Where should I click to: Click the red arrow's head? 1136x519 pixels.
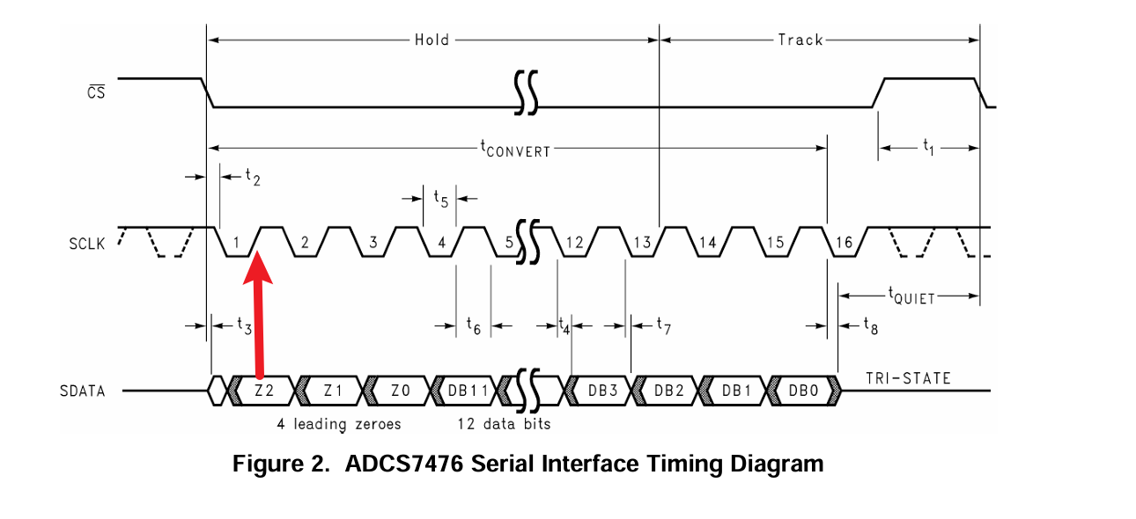point(258,267)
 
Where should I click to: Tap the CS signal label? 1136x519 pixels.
point(96,92)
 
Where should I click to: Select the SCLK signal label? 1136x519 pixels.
point(86,244)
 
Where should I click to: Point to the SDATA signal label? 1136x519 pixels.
point(82,391)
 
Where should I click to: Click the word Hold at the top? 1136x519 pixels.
point(432,40)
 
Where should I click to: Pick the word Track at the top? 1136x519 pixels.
point(800,40)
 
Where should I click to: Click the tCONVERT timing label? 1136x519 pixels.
point(515,149)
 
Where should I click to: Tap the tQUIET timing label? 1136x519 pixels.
point(911,296)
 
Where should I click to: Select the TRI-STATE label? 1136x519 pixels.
point(908,378)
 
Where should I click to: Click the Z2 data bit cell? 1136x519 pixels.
point(264,391)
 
